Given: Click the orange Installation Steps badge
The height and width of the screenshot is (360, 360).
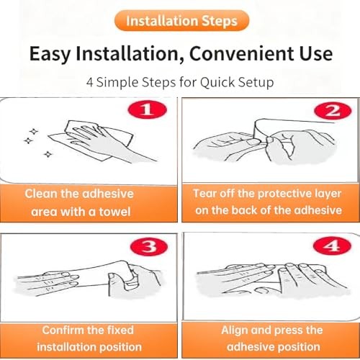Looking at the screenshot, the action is tap(182, 21).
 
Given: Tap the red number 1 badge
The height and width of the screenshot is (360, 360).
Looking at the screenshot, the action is tap(148, 110).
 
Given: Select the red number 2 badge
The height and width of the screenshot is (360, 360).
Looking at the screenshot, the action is tap(333, 111).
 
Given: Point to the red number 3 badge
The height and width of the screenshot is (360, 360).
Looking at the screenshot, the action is tap(149, 246).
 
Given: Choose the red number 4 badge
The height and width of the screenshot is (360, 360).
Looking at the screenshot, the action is tap(332, 246).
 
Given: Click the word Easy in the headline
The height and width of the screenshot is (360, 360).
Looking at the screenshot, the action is tap(50, 54).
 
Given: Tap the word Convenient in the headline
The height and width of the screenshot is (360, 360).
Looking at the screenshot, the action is tap(240, 53).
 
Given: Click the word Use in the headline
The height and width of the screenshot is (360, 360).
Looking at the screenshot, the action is tap(316, 53).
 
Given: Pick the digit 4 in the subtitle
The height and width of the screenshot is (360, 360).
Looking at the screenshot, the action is tap(89, 82).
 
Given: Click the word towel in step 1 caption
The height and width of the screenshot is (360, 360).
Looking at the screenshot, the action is tap(114, 212).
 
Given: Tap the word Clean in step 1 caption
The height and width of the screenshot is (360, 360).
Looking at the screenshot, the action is tap(41, 194).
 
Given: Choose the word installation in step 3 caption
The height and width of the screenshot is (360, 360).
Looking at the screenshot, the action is tap(66, 347).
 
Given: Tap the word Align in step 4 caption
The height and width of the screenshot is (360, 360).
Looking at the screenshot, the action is tap(234, 330).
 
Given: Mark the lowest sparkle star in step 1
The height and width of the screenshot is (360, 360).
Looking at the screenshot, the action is tap(48, 154).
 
